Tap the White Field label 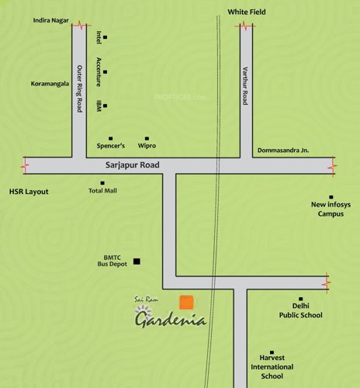(x=246, y=12)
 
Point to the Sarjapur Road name (x=133, y=165)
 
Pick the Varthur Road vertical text (x=244, y=86)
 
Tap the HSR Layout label (x=28, y=191)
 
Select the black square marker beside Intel (x=105, y=37)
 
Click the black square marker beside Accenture (x=105, y=72)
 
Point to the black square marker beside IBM (x=105, y=106)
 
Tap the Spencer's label (x=111, y=146)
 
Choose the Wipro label (x=147, y=146)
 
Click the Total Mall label (x=102, y=190)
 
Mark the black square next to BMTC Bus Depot (x=137, y=261)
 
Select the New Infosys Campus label (x=331, y=209)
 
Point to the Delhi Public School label (x=301, y=310)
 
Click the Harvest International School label (x=272, y=365)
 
